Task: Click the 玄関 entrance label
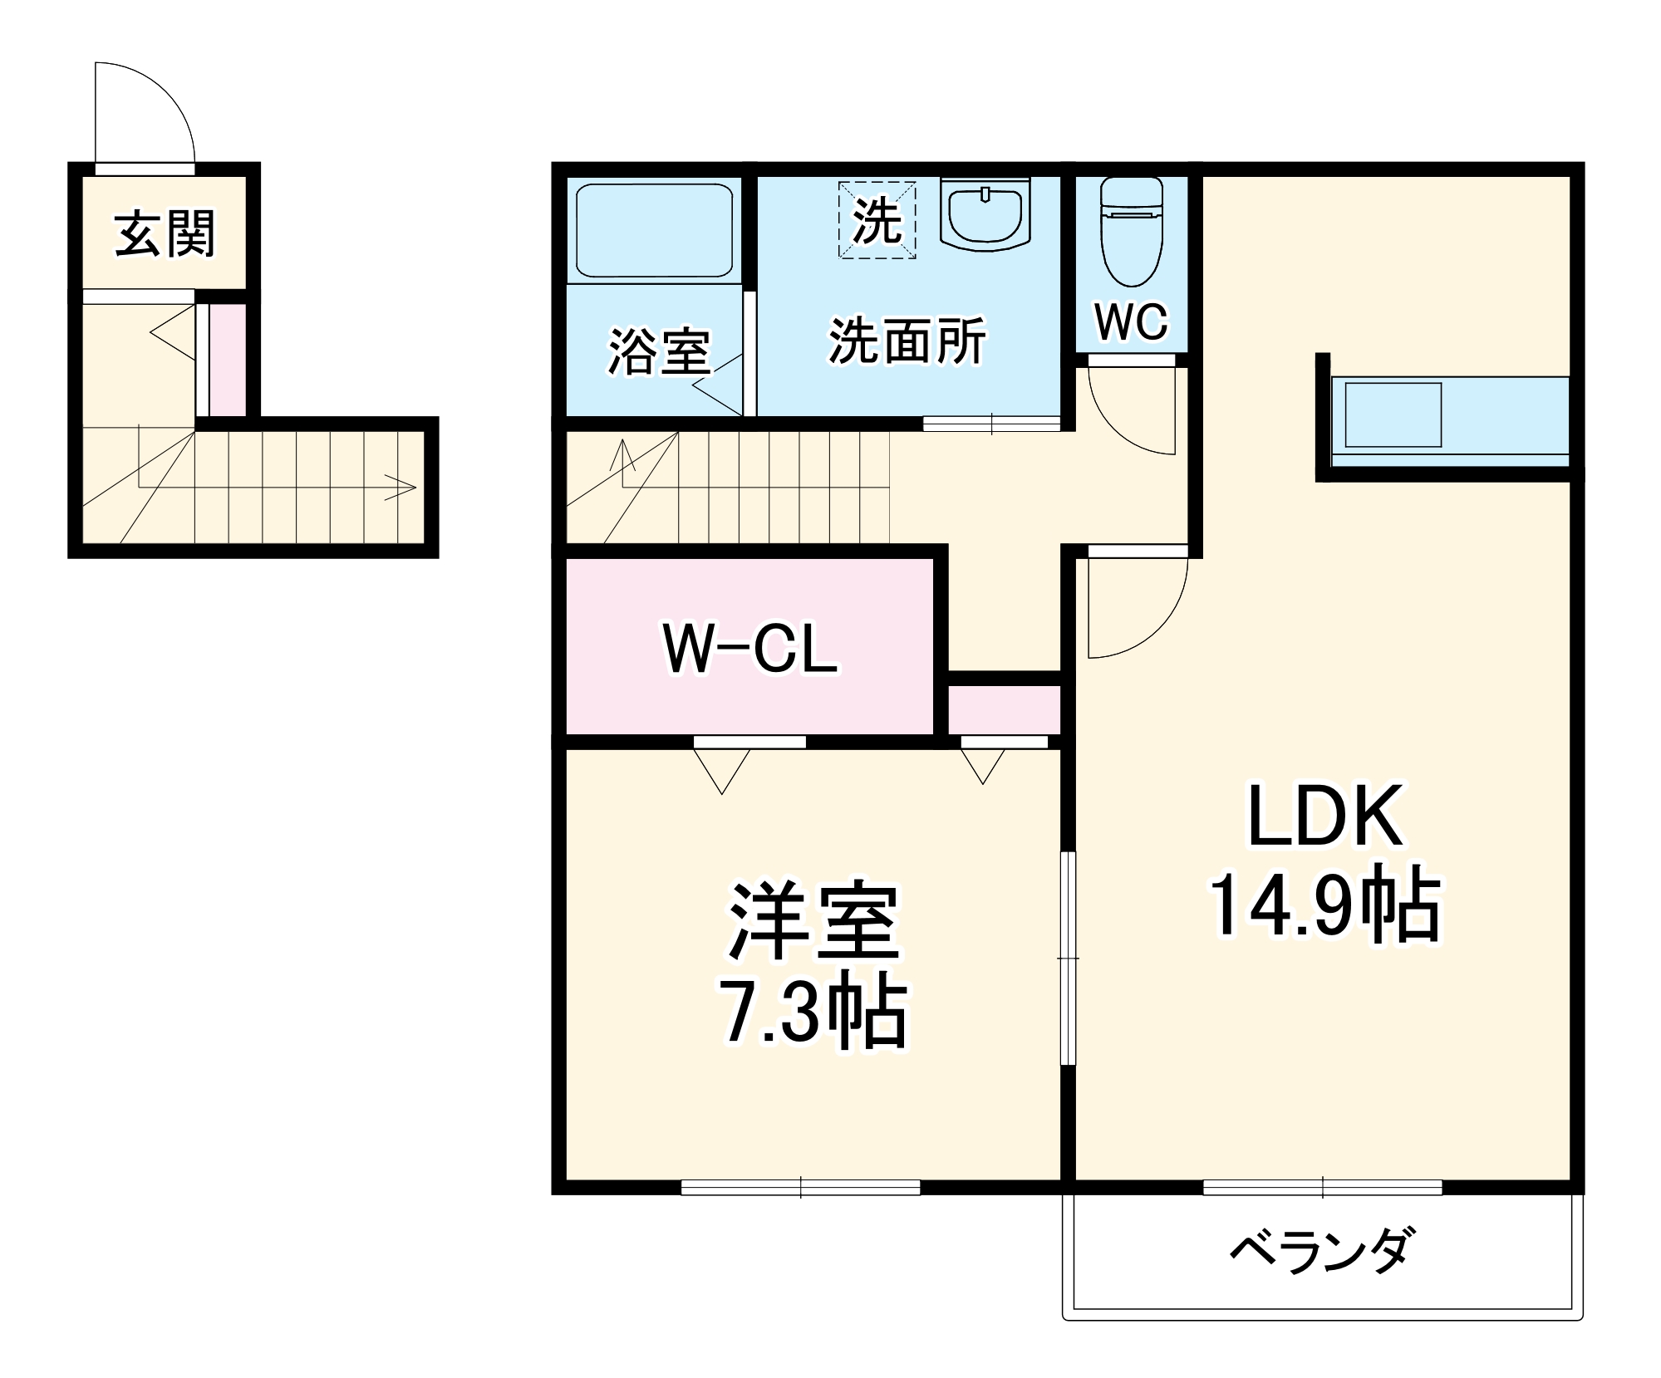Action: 165,234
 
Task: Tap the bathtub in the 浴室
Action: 654,230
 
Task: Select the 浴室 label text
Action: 659,351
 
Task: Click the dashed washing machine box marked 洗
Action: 877,221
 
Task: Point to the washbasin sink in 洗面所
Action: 985,213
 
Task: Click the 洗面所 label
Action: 907,341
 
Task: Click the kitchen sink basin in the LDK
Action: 1393,415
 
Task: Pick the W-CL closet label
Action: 750,649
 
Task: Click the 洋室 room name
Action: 814,922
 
